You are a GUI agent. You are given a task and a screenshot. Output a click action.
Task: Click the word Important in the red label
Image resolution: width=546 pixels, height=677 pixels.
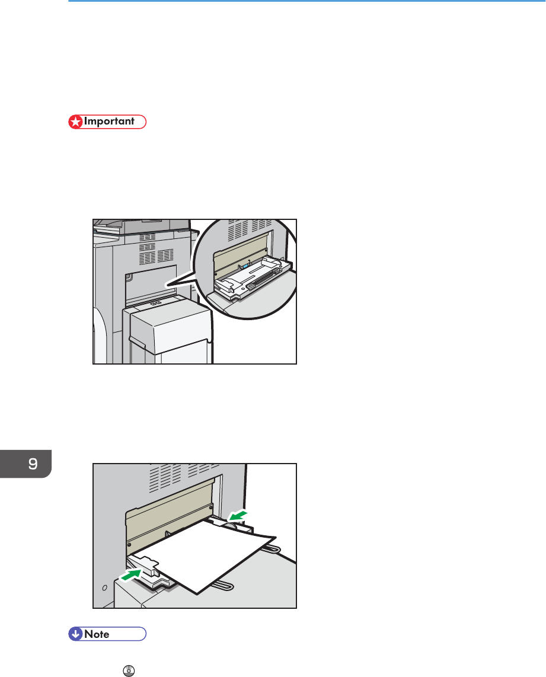pos(109,122)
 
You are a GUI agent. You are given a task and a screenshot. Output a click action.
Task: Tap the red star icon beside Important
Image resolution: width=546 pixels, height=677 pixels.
pos(76,122)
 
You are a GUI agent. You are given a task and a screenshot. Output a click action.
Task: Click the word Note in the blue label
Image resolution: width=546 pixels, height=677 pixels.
pos(97,634)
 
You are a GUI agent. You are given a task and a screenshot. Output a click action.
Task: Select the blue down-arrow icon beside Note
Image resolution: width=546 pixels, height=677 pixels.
pos(75,634)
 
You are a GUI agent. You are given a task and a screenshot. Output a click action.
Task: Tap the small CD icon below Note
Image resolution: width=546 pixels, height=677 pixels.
pos(129,670)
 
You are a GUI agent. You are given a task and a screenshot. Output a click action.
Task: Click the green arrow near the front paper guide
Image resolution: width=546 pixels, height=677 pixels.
pos(131,575)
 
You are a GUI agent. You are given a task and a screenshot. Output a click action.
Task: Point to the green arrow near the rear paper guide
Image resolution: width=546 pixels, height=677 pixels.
pos(237,516)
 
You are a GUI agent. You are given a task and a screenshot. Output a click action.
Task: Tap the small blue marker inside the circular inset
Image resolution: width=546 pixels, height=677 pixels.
pos(245,266)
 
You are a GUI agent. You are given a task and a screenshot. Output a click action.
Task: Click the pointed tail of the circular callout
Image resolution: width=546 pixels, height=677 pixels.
pos(166,285)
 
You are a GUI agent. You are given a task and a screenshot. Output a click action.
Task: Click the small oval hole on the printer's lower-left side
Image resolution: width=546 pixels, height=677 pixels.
pos(104,587)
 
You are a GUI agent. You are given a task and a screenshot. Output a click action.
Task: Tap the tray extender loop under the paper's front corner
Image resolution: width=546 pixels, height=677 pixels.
pos(223,586)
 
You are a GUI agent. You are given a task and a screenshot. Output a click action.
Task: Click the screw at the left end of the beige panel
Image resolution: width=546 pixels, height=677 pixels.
pos(129,545)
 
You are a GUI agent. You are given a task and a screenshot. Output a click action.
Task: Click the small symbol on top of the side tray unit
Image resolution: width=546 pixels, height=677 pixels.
pos(155,304)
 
